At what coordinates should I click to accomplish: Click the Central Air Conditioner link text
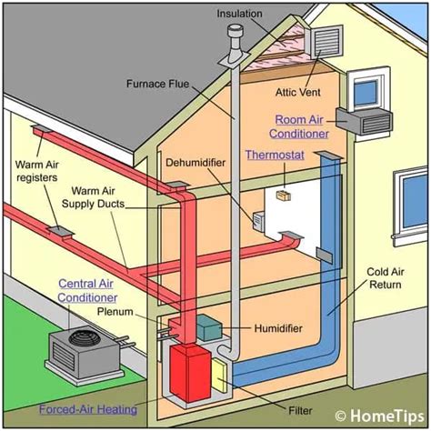point(87,290)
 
